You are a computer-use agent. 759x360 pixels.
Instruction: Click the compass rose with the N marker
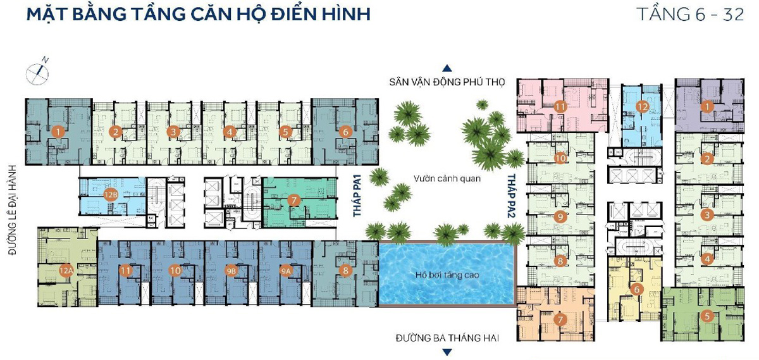38,72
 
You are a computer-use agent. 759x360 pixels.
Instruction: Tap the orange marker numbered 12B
111,195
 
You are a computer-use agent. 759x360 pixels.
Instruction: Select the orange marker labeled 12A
66,271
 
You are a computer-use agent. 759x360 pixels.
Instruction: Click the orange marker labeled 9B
231,271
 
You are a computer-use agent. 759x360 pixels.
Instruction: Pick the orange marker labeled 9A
287,271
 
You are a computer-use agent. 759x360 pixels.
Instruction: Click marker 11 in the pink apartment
560,107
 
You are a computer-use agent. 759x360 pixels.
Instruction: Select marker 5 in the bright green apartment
707,316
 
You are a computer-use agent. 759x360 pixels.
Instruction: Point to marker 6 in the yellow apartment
637,289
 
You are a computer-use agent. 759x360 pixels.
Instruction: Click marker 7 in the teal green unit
293,200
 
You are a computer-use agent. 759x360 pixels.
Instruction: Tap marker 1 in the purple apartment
707,107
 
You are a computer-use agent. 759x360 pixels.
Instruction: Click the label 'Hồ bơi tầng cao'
447,275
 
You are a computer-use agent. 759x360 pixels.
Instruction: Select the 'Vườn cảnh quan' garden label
447,178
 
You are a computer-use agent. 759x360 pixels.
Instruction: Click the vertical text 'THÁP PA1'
357,196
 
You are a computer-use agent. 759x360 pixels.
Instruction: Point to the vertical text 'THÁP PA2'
512,196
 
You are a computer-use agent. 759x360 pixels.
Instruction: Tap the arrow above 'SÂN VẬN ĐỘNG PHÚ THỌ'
447,68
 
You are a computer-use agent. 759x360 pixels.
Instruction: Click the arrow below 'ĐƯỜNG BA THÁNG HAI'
447,352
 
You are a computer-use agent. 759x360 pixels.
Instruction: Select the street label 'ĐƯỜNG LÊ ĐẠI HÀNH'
13,209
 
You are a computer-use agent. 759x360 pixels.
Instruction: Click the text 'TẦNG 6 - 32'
690,15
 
